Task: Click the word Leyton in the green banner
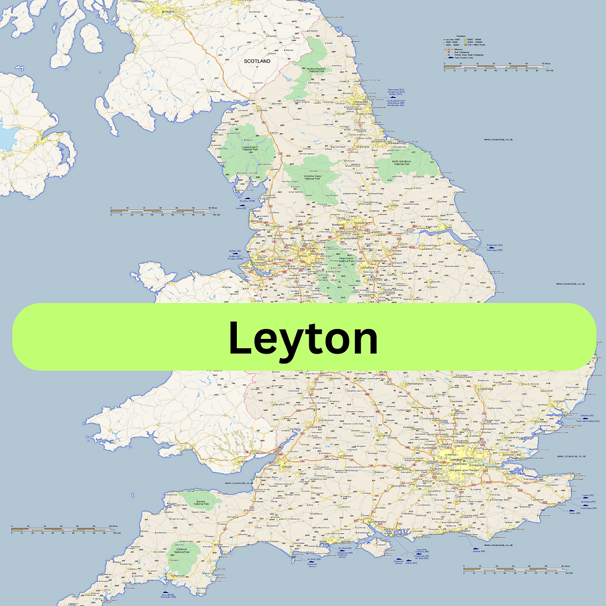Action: [303, 338]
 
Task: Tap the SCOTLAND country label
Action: [257, 61]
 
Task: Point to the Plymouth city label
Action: [176, 574]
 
